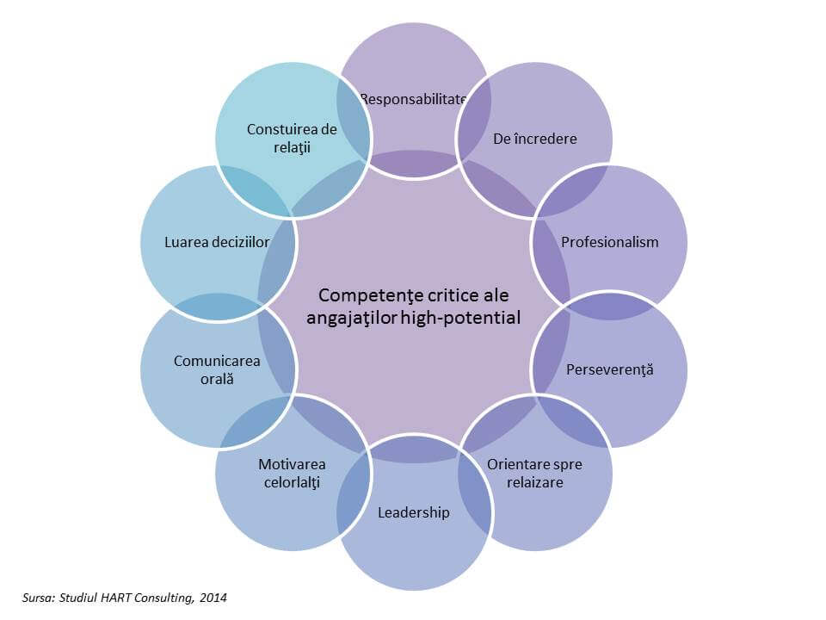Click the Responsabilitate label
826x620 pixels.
point(413,98)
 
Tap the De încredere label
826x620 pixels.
point(534,138)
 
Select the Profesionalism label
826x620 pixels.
point(609,242)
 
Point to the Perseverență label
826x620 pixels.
point(609,369)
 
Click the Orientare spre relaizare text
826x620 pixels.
point(534,473)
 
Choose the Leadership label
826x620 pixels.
point(413,512)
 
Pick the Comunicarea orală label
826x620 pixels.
point(217,369)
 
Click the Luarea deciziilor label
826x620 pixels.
point(217,242)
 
